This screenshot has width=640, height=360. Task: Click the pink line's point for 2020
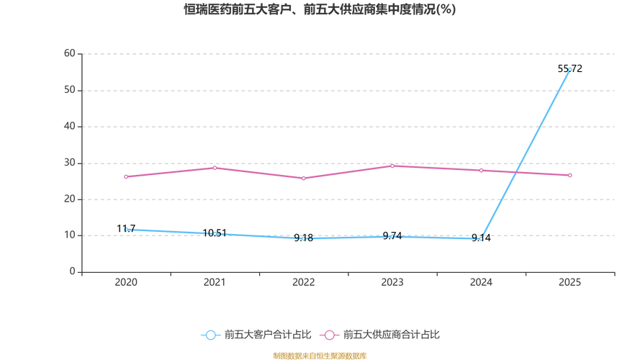pos(126,176)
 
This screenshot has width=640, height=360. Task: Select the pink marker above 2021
pos(215,167)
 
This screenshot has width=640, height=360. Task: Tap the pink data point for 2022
pos(303,179)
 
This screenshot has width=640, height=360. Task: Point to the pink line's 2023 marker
pos(392,166)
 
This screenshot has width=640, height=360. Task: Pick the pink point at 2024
pos(480,170)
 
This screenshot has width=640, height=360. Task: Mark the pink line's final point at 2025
pos(569,175)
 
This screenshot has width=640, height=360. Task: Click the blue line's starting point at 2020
pos(126,229)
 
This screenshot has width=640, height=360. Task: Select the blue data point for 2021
pos(215,233)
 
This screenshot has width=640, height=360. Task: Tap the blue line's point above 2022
pos(303,238)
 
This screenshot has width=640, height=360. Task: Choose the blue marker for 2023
pos(392,235)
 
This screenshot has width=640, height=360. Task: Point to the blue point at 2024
pos(480,238)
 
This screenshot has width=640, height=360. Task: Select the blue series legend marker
pos(210,335)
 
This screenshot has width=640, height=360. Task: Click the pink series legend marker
pos(330,335)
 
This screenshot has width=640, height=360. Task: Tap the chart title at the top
pos(320,11)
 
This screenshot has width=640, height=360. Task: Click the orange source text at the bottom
pos(320,355)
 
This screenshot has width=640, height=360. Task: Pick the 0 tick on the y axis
pos(72,271)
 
